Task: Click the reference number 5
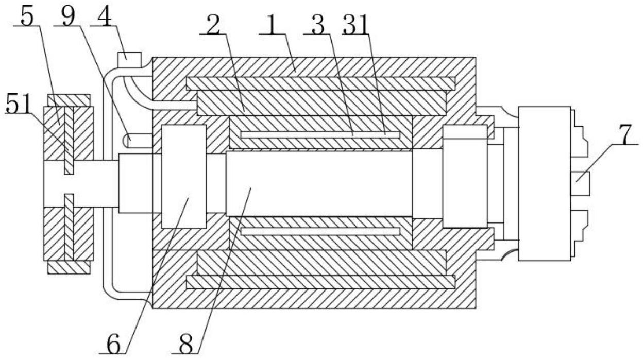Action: pyautogui.click(x=27, y=16)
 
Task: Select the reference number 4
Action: pyautogui.click(x=105, y=16)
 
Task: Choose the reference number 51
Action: pyautogui.click(x=19, y=104)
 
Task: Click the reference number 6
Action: pyautogui.click(x=113, y=344)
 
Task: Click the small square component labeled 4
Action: pyautogui.click(x=130, y=60)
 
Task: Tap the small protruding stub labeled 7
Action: pyautogui.click(x=580, y=183)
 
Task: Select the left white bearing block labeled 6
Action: pyautogui.click(x=184, y=177)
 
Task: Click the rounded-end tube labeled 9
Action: pyautogui.click(x=138, y=141)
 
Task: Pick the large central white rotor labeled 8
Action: pyautogui.click(x=319, y=183)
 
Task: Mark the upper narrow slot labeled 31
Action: pyautogui.click(x=320, y=135)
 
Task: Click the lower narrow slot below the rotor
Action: pyautogui.click(x=320, y=231)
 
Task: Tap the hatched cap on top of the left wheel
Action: pyautogui.click(x=69, y=100)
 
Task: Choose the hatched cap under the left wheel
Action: pyautogui.click(x=69, y=267)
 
